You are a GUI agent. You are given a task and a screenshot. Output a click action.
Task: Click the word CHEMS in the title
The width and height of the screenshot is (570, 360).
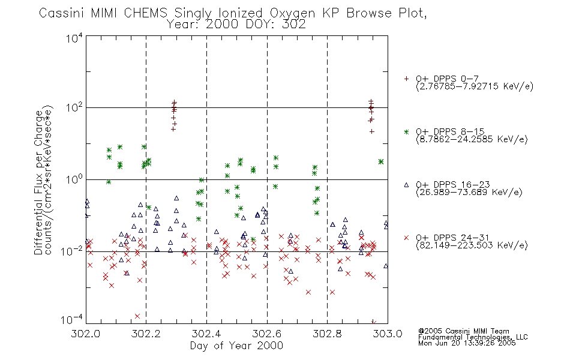145,13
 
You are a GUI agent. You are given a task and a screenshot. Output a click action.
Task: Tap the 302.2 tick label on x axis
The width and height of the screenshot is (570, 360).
146,334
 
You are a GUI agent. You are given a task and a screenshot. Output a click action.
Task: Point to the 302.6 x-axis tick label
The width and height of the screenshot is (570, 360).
267,334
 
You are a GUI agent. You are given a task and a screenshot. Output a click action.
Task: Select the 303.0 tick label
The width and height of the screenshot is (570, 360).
388,334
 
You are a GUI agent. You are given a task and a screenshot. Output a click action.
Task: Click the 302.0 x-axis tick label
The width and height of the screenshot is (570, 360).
86,334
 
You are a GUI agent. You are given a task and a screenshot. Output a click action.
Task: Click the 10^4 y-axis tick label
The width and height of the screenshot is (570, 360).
75,38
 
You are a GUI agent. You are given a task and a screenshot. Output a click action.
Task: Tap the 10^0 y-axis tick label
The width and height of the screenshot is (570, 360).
75,179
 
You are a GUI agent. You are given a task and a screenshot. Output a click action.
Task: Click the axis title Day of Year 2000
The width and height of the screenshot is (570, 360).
236,346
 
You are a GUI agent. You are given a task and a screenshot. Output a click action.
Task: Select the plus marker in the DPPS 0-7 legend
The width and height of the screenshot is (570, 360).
406,79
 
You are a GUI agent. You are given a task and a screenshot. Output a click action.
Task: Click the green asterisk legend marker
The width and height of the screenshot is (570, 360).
406,131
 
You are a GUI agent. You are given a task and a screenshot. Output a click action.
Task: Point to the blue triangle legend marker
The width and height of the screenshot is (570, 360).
406,185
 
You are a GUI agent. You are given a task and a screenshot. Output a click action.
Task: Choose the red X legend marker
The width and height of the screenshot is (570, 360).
406,238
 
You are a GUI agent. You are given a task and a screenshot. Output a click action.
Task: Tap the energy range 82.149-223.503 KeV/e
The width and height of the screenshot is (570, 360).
472,245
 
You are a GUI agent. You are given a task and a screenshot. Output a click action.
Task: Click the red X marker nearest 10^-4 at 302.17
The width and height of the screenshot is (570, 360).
137,316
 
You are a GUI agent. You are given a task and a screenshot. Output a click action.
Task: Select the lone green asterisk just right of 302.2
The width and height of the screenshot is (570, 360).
149,207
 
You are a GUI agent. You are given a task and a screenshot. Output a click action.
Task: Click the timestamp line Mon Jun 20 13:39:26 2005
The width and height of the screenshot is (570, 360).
467,343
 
